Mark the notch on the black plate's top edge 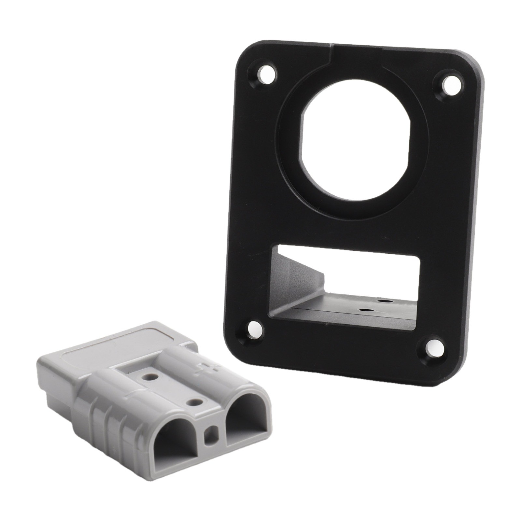(x=332, y=47)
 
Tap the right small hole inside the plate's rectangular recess (x=385, y=301)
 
